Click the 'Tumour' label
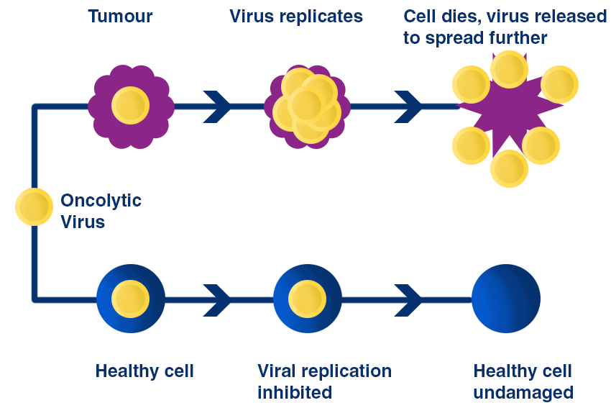coord(121,17)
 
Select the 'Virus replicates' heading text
coord(296,17)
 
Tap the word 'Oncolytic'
coord(101,201)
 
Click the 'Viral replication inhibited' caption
coord(325,381)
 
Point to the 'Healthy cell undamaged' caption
coord(523,382)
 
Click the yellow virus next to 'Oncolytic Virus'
coord(34,207)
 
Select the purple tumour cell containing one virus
coord(131,106)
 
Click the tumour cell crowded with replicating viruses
coord(307,106)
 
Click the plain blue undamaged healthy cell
coord(506,299)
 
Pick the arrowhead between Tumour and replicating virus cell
coord(217,106)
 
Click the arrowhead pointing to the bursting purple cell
coord(408,106)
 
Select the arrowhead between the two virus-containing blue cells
coord(217,300)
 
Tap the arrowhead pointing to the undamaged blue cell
coord(408,300)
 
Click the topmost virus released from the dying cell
coord(510,69)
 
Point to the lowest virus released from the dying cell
coord(510,169)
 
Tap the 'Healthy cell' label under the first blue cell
coord(144,371)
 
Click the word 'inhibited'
coord(295,392)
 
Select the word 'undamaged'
coord(523,393)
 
